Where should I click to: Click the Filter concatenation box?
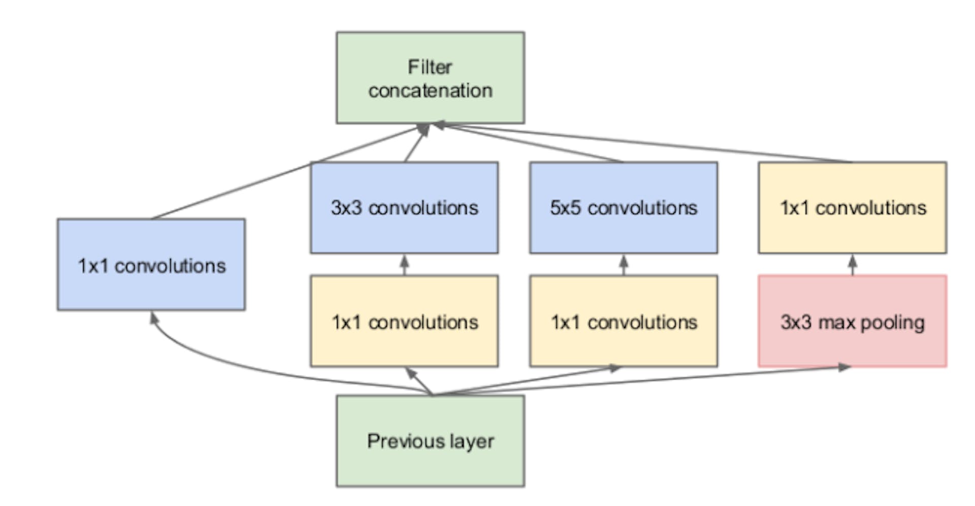pos(430,78)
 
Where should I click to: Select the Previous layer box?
pos(430,441)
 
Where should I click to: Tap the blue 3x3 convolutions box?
pos(404,208)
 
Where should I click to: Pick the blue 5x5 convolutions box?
pos(624,208)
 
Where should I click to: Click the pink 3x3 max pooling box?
pos(853,321)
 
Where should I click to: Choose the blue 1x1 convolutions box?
pos(151,264)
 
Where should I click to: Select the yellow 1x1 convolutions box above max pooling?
pos(853,208)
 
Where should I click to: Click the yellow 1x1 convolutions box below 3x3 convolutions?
pos(404,321)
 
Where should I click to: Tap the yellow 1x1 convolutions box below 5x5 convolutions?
pos(624,321)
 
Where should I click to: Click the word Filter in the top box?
pos(430,66)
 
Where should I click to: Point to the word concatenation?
pos(430,91)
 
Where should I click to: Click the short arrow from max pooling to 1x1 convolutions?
pos(853,265)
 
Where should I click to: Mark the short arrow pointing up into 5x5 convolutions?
pos(624,265)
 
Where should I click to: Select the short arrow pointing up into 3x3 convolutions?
pos(404,265)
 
